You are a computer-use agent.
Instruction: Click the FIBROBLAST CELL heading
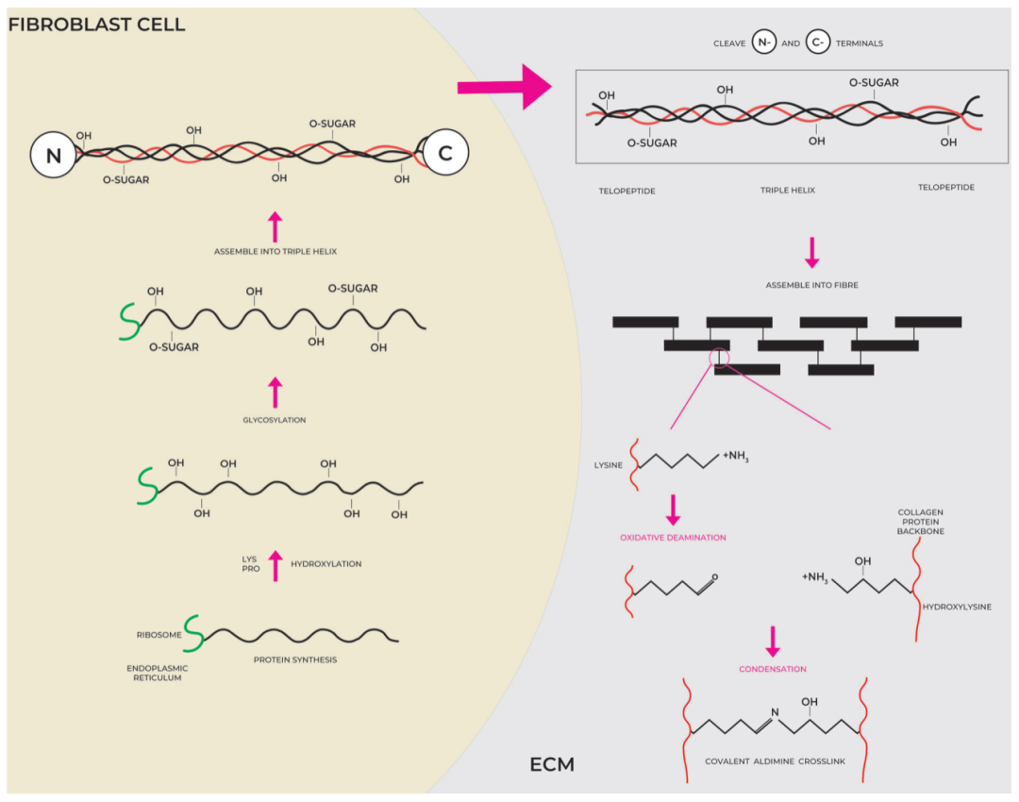coord(96,25)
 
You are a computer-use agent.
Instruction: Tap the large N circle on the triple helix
coord(53,156)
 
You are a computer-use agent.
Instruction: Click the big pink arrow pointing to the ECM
coord(504,88)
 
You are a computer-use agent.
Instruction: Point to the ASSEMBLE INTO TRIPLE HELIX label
coord(275,252)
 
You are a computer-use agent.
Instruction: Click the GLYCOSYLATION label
coord(275,420)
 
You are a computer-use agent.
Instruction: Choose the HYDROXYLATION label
coord(326,564)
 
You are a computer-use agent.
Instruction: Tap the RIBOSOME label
coord(158,635)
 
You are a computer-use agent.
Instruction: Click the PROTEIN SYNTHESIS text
coord(294,660)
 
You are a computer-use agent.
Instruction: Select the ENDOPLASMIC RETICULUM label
coord(158,673)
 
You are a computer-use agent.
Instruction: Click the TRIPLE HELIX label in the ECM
coord(787,190)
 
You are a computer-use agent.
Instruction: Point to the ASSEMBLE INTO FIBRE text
coord(811,284)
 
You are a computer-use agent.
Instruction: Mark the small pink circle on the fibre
coord(720,356)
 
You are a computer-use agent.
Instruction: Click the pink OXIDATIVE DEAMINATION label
coord(673,538)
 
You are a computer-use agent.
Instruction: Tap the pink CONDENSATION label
coord(773,669)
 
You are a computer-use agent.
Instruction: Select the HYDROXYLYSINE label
coord(957,607)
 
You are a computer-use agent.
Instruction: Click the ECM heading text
coord(552,764)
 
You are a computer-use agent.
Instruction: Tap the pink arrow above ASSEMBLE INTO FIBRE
coord(811,251)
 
